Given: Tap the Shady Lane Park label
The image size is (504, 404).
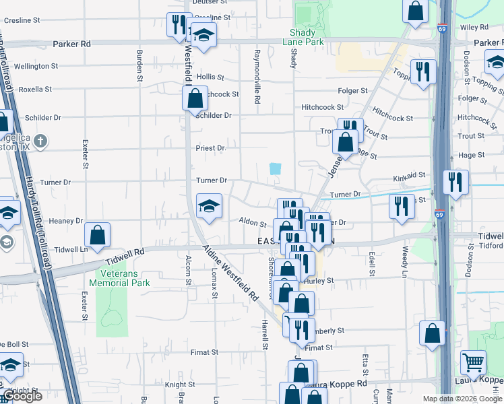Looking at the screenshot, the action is (307, 37).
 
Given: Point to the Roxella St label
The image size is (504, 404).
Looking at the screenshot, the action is (35, 90).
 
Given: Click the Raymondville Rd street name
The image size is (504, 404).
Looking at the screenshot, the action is (257, 75).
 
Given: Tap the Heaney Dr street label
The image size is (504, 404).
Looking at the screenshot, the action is (65, 221).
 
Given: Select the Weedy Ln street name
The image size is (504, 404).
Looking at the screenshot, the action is (406, 262).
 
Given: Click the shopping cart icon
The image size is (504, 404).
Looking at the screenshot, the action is (473, 362).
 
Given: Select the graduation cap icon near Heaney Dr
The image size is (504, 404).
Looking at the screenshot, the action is (209, 205).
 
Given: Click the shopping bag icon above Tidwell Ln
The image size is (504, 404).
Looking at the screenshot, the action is (98, 234).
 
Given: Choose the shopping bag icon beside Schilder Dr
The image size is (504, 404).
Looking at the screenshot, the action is (195, 98).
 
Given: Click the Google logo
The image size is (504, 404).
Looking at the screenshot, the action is (22, 396).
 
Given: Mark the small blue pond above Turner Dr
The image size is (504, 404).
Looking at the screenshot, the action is (275, 169).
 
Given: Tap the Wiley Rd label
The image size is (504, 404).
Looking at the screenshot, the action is (474, 28).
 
